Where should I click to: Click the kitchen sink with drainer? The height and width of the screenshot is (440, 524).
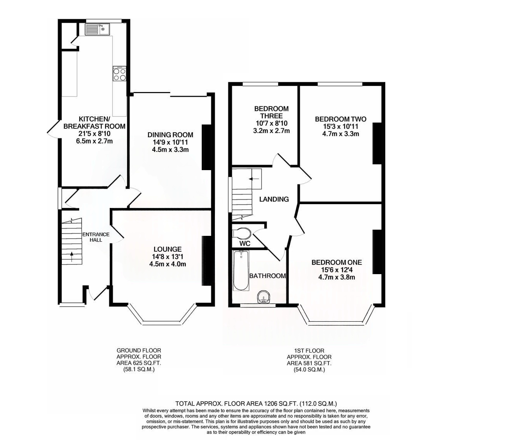click(97, 29)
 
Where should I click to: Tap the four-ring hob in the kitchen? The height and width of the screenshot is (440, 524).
click(119, 73)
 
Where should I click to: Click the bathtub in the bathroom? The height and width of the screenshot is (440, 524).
click(241, 271)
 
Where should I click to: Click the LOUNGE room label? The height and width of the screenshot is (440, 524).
click(167, 249)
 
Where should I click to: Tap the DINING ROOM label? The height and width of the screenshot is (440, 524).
click(170, 135)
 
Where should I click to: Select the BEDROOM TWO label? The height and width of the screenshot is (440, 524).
click(340, 119)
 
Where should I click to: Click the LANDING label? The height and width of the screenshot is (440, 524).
click(274, 199)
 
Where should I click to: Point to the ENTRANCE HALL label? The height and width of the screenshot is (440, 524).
click(96, 237)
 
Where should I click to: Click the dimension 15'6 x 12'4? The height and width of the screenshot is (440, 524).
click(337, 270)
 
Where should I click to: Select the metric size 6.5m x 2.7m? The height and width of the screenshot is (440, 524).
click(94, 141)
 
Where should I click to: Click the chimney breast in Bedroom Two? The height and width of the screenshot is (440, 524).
click(377, 143)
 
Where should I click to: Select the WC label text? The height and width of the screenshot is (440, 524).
click(245, 244)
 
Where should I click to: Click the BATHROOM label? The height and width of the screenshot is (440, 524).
click(267, 276)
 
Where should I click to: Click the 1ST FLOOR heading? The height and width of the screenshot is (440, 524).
click(309, 350)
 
